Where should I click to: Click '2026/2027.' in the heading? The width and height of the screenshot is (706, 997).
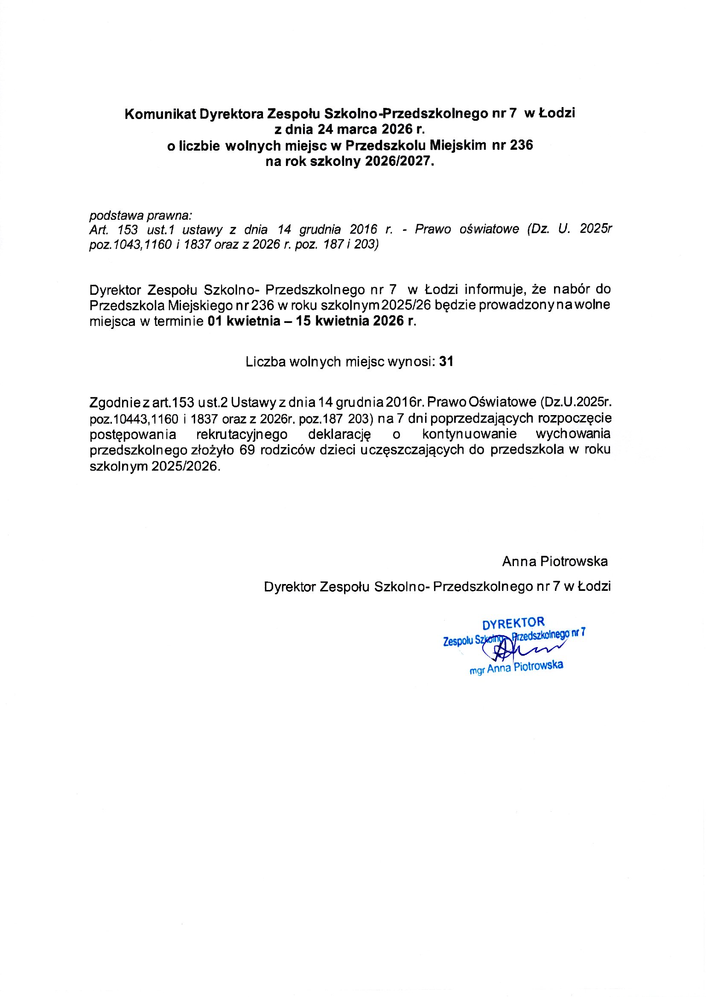pyautogui.click(x=400, y=162)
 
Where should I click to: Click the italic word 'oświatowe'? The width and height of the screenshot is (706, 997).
pyautogui.click(x=489, y=230)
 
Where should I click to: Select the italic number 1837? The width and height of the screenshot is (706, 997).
pyautogui.click(x=197, y=244)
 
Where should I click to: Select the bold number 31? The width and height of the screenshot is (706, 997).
pyautogui.click(x=446, y=362)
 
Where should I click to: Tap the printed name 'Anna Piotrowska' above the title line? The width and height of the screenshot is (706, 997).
pyautogui.click(x=555, y=562)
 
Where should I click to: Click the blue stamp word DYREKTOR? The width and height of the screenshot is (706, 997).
pyautogui.click(x=513, y=624)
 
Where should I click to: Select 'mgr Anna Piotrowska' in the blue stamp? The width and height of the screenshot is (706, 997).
pyautogui.click(x=516, y=668)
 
